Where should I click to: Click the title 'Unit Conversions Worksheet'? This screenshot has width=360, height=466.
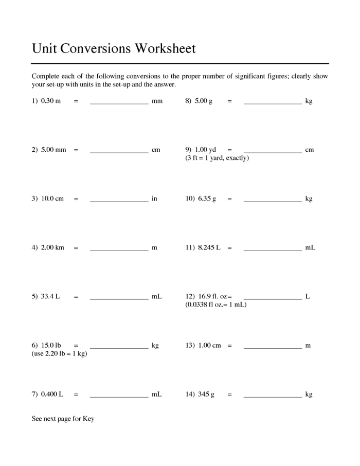click(114, 49)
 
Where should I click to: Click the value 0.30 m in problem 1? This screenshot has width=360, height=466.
click(51, 101)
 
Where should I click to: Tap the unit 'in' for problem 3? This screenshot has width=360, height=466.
click(154, 199)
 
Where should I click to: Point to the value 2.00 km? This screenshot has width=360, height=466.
click(52, 248)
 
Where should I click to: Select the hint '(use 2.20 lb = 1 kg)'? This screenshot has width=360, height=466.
click(59, 354)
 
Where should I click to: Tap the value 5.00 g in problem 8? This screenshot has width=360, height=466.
click(204, 101)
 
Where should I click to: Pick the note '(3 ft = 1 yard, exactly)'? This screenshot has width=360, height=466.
click(217, 158)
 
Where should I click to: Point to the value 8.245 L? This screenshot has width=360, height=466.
click(209, 248)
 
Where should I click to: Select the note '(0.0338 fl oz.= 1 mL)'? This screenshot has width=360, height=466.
click(216, 305)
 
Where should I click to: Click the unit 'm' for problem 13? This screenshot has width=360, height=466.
click(308, 346)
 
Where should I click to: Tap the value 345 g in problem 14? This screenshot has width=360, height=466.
click(206, 395)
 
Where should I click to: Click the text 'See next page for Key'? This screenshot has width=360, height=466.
click(63, 419)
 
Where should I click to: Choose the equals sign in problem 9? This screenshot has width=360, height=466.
click(229, 150)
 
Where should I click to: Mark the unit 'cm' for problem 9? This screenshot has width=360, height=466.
click(309, 150)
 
